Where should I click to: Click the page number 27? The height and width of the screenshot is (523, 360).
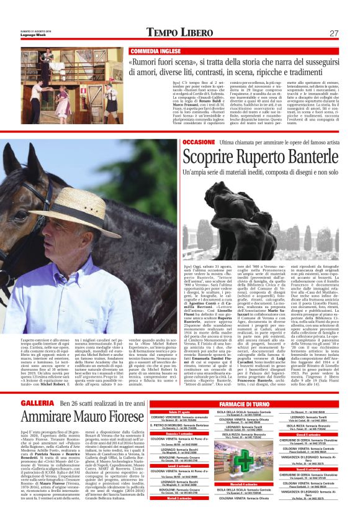(333, 33)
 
